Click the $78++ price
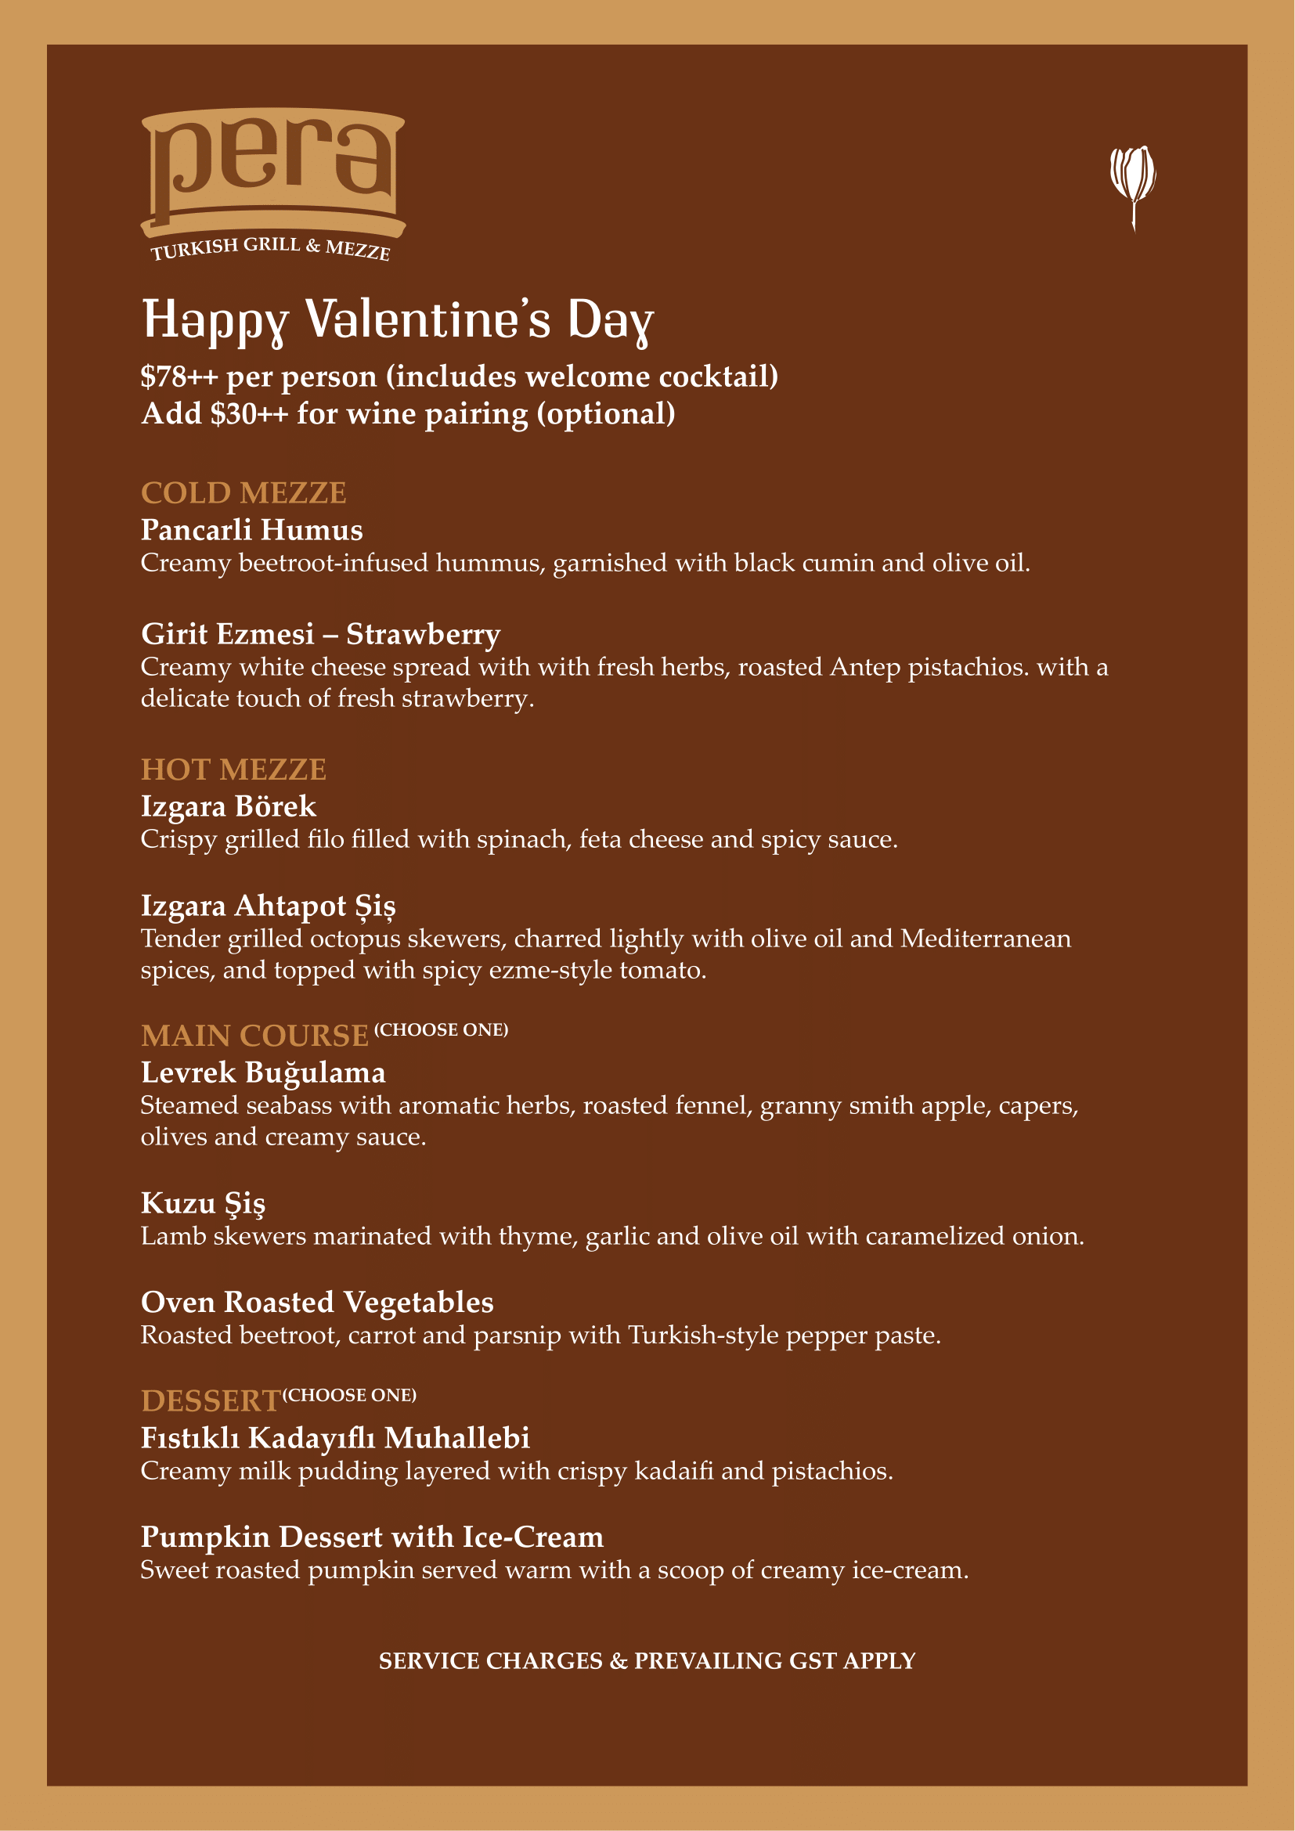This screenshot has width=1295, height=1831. (x=179, y=377)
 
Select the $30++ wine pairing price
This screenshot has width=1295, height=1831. (x=249, y=414)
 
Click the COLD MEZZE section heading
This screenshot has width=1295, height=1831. (x=243, y=493)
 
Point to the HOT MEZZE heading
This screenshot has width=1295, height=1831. (x=233, y=770)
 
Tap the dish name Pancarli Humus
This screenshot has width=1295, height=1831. (x=252, y=529)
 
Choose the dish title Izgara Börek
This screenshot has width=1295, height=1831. (x=228, y=806)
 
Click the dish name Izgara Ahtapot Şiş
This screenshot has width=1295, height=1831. (x=268, y=906)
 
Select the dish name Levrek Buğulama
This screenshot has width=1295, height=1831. (x=263, y=1072)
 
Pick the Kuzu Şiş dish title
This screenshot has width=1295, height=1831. (x=203, y=1203)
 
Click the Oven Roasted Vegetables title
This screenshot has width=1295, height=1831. (x=317, y=1303)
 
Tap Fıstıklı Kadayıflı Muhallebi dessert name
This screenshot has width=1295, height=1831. (x=335, y=1438)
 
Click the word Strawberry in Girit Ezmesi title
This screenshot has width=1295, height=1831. (x=423, y=634)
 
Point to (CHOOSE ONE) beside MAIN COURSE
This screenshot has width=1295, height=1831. (x=441, y=1029)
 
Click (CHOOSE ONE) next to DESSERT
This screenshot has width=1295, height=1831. (x=349, y=1395)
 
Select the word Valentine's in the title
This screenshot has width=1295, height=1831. (x=428, y=319)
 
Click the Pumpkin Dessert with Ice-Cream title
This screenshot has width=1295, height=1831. (x=372, y=1537)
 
